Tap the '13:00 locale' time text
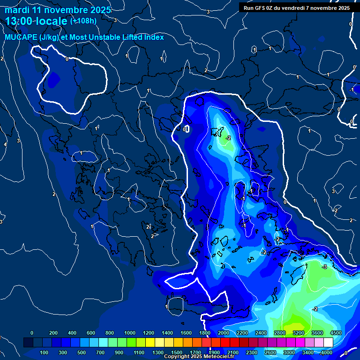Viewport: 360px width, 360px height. (x=36, y=21)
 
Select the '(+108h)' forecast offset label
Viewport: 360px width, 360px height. (x=83, y=21)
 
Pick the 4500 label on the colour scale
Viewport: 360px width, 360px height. (x=336, y=333)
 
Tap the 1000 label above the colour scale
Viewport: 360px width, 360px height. (x=130, y=333)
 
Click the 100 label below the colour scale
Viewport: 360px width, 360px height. (x=45, y=352)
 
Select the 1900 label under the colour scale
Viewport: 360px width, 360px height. (x=214, y=352)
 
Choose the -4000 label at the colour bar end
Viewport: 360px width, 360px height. (x=326, y=352)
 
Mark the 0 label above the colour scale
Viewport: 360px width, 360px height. (x=32, y=333)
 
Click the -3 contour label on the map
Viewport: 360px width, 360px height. (x=324, y=267)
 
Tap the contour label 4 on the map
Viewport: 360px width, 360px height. (x=5, y=144)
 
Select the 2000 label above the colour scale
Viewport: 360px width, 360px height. (x=224, y=333)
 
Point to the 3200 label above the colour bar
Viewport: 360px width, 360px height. (x=299, y=333)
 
